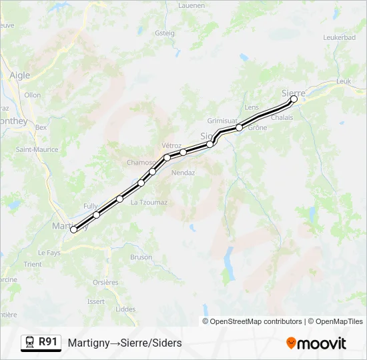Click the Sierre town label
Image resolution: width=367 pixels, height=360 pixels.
[x=293, y=93]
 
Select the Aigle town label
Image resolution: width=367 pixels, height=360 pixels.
[x=19, y=75]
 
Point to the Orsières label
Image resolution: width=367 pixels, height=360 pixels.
[x=105, y=282]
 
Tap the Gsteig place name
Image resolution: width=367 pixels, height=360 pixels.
[x=164, y=33]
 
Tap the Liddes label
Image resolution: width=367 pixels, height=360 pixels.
[x=125, y=309]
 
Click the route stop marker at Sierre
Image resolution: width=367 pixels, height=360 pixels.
[x=294, y=99]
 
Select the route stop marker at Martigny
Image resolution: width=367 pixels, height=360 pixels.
[x=73, y=229]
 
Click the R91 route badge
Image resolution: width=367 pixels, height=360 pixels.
[x=47, y=342]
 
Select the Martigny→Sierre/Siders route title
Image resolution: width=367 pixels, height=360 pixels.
[x=125, y=343]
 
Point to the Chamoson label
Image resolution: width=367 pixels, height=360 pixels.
[x=141, y=163]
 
